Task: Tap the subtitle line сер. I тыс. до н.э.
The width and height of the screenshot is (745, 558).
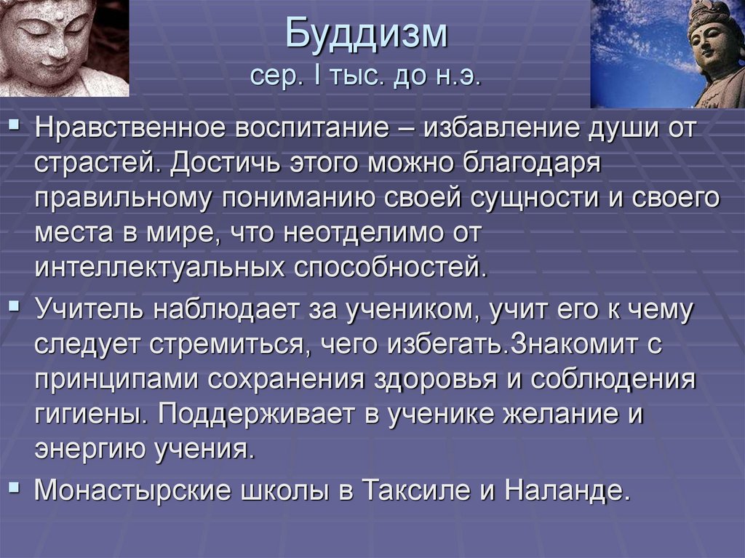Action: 366,76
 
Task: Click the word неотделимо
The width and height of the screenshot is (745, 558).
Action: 367,233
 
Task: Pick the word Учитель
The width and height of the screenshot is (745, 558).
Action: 87,311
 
